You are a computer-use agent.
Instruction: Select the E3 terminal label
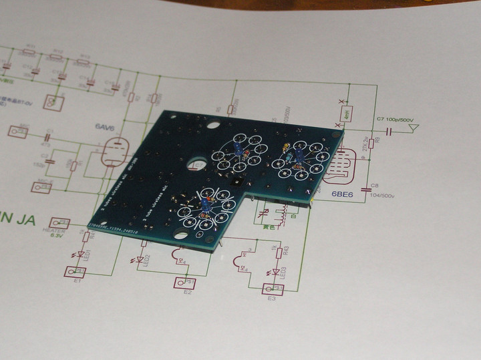point(271,299)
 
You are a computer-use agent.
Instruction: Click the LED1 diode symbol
point(82,254)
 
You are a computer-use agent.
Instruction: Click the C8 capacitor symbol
point(366,189)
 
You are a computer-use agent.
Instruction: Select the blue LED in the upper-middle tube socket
point(238,148)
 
